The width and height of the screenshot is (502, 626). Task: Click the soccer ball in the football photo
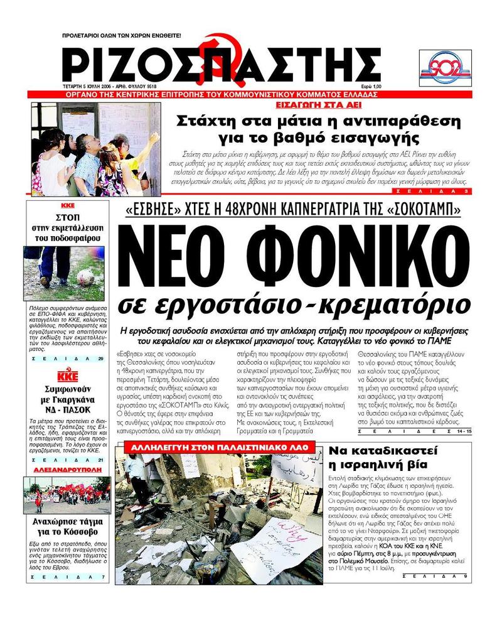85,277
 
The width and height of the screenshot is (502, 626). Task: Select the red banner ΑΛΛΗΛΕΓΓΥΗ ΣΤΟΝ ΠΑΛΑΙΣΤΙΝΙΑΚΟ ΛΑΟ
220,448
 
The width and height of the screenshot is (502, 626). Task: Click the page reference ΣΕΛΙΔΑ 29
67,359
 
